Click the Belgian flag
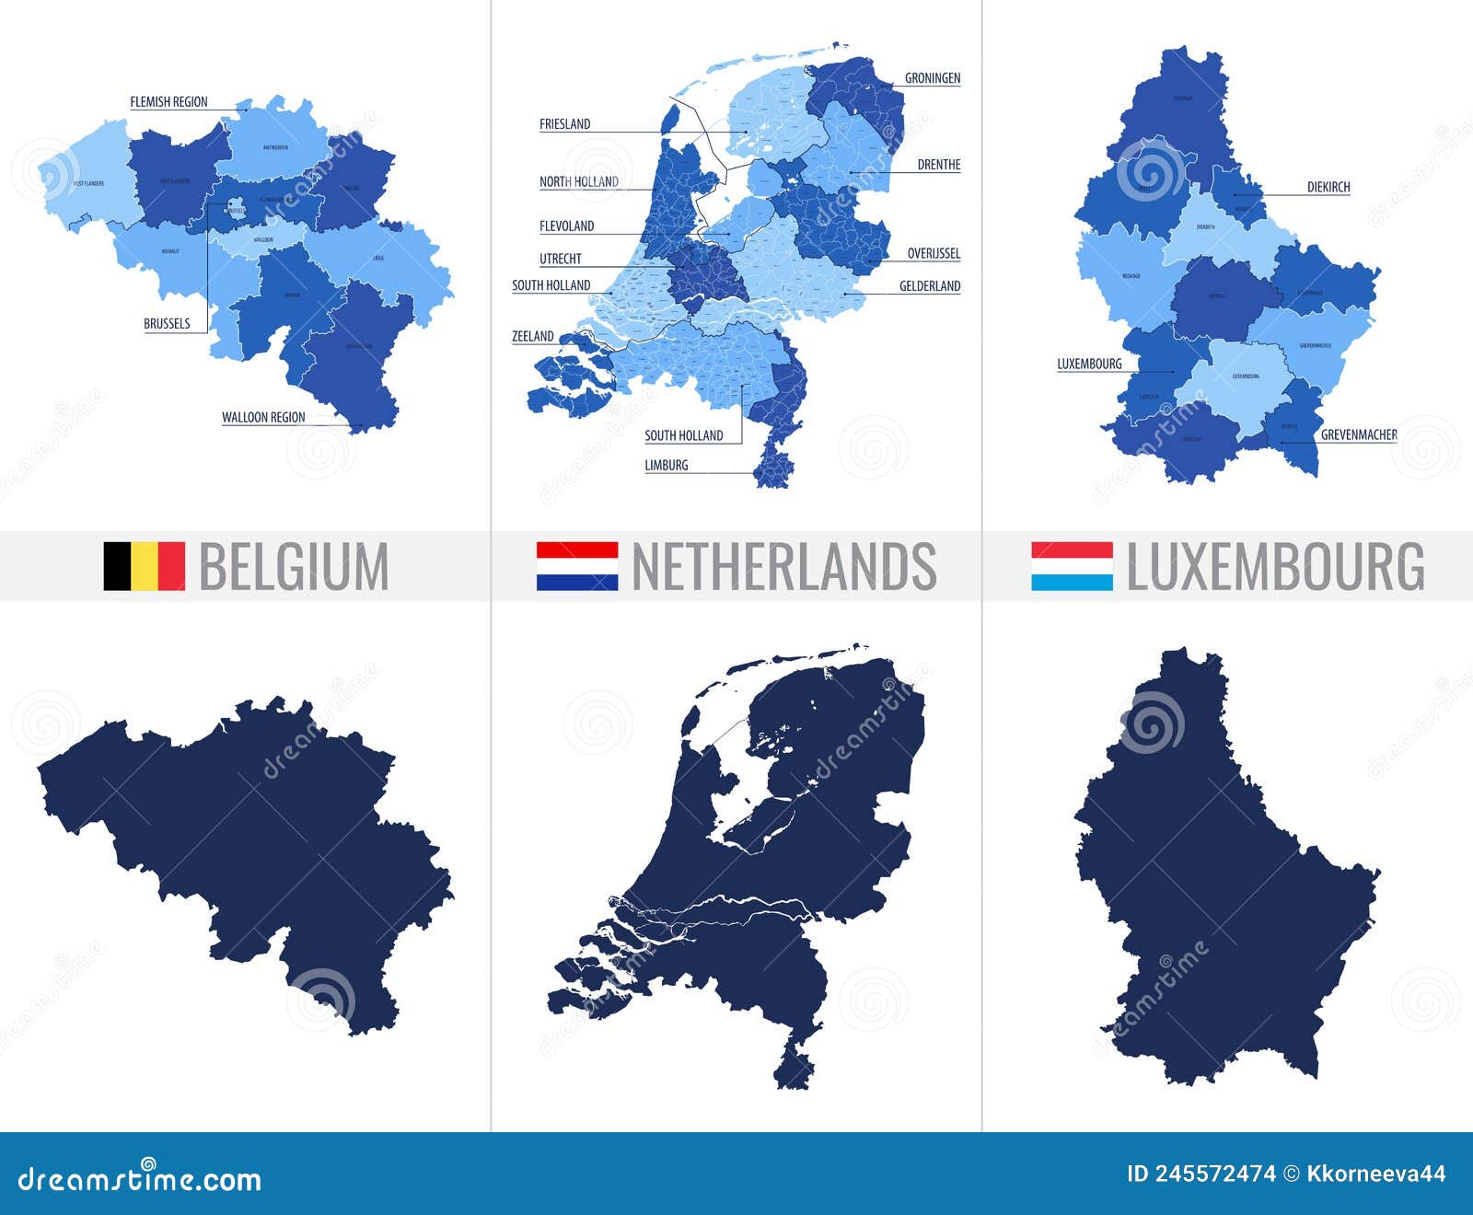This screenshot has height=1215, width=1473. click(x=144, y=565)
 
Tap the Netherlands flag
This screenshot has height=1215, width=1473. click(x=577, y=565)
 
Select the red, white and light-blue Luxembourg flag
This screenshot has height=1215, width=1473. click(x=1072, y=565)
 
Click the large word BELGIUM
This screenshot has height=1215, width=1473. click(x=294, y=566)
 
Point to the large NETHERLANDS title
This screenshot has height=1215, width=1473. click(x=784, y=566)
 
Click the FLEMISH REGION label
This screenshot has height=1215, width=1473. click(x=168, y=102)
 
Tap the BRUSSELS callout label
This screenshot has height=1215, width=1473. click(x=167, y=324)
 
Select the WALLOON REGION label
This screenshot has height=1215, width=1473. click(x=263, y=418)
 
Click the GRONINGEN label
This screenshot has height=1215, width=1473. click(x=933, y=78)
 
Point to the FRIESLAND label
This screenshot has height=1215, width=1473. click(x=564, y=124)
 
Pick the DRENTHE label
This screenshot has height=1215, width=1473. click(x=939, y=166)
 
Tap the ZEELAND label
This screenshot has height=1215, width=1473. click(x=533, y=337)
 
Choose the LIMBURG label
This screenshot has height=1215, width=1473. click(x=667, y=466)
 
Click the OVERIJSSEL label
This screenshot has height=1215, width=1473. click(x=934, y=254)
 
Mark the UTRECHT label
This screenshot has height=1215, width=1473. click(x=561, y=260)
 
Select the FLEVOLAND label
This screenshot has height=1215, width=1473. click(x=567, y=226)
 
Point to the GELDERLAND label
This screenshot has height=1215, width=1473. click(x=930, y=287)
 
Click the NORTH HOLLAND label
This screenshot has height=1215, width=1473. click(x=579, y=182)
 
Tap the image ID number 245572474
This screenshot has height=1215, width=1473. click(x=1201, y=1174)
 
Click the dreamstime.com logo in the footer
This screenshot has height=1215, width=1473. click(x=140, y=1177)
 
